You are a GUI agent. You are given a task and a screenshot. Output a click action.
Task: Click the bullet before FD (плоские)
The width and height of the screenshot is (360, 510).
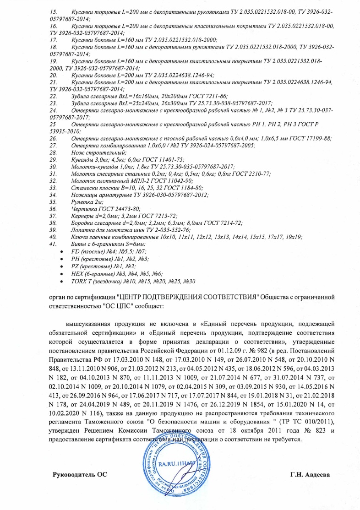(x=55, y=251)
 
